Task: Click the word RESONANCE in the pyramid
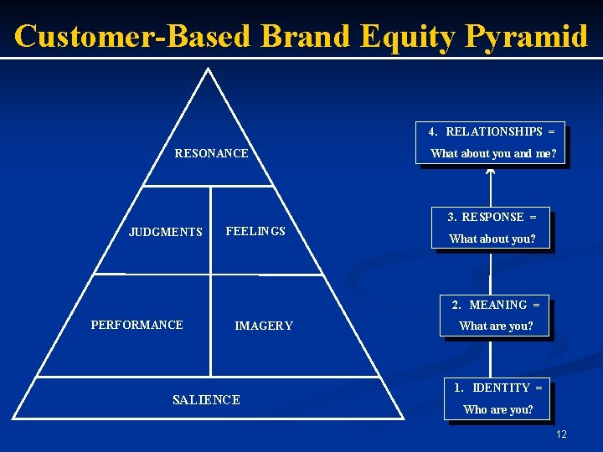pos(211,153)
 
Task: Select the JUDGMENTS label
pos(166,232)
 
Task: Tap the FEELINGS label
pos(255,231)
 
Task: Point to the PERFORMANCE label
pos(137,325)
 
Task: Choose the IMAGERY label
pos(264,326)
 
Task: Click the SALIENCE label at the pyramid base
pos(206,400)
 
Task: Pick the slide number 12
pos(561,434)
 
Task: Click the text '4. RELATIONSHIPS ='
pos(492,131)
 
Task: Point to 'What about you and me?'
pos(493,153)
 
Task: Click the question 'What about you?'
pos(492,239)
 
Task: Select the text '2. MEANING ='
pos(496,305)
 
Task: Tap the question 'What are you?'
pos(496,326)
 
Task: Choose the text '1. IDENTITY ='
pos(498,388)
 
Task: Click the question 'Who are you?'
pos(498,409)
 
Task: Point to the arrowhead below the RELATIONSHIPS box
pos(491,172)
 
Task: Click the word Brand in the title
pos(307,36)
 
